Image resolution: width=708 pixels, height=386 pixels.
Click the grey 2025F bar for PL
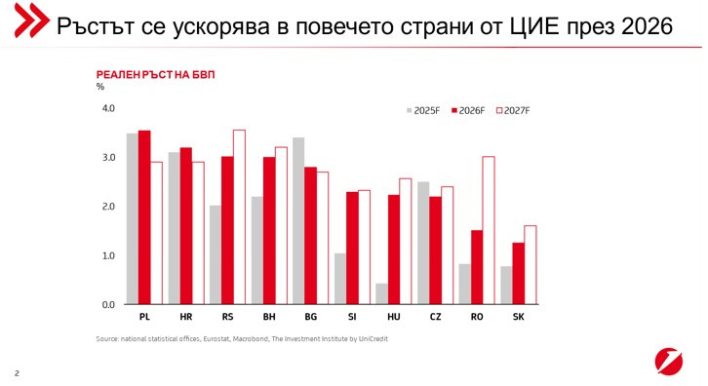point(133,219)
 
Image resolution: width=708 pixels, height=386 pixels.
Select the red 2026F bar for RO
point(477,267)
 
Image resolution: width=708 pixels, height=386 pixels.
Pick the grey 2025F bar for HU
point(381,293)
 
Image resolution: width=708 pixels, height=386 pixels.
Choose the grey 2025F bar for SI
point(340,279)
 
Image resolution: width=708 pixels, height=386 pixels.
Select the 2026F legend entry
point(469,111)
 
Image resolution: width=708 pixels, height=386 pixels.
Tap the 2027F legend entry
point(513,111)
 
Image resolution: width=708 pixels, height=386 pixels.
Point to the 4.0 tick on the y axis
point(108,108)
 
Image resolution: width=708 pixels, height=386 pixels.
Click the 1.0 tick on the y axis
point(108,255)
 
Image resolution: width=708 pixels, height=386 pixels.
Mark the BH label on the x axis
point(268,317)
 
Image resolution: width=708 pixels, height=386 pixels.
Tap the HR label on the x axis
point(185,317)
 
